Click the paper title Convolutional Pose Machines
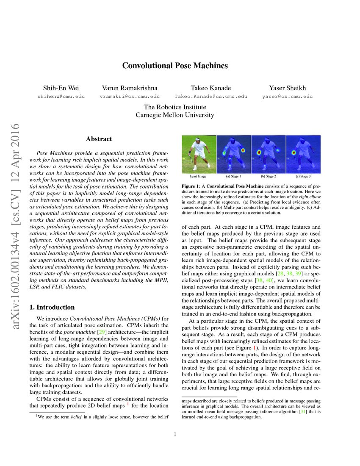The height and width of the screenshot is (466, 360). [x=175, y=66]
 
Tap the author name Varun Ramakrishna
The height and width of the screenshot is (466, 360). [x=130, y=88]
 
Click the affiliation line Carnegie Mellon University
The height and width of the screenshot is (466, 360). [x=175, y=115]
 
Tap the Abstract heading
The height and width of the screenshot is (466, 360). [x=99, y=139]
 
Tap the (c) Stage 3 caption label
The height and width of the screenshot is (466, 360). [x=303, y=175]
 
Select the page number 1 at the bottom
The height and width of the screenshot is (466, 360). [x=175, y=434]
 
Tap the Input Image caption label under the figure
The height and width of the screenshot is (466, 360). [x=198, y=175]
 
